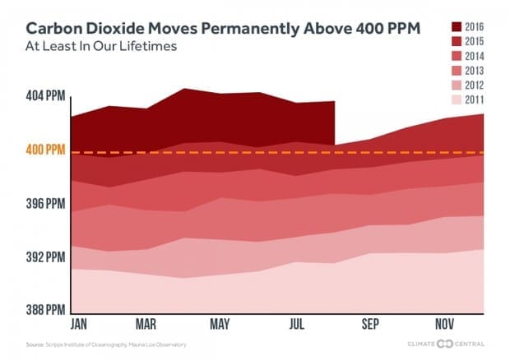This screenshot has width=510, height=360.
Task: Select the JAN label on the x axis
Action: click(x=80, y=323)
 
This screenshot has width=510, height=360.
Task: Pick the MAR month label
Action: click(x=146, y=323)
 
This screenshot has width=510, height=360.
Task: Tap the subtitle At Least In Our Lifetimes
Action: click(x=108, y=46)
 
